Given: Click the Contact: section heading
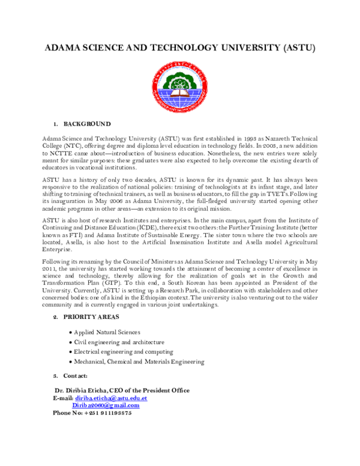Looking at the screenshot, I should pos(75,376).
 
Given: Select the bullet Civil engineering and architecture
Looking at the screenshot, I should pos(119,342).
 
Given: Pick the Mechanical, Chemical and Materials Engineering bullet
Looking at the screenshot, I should pos(139,362).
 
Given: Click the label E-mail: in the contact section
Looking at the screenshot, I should pos(63,398).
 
